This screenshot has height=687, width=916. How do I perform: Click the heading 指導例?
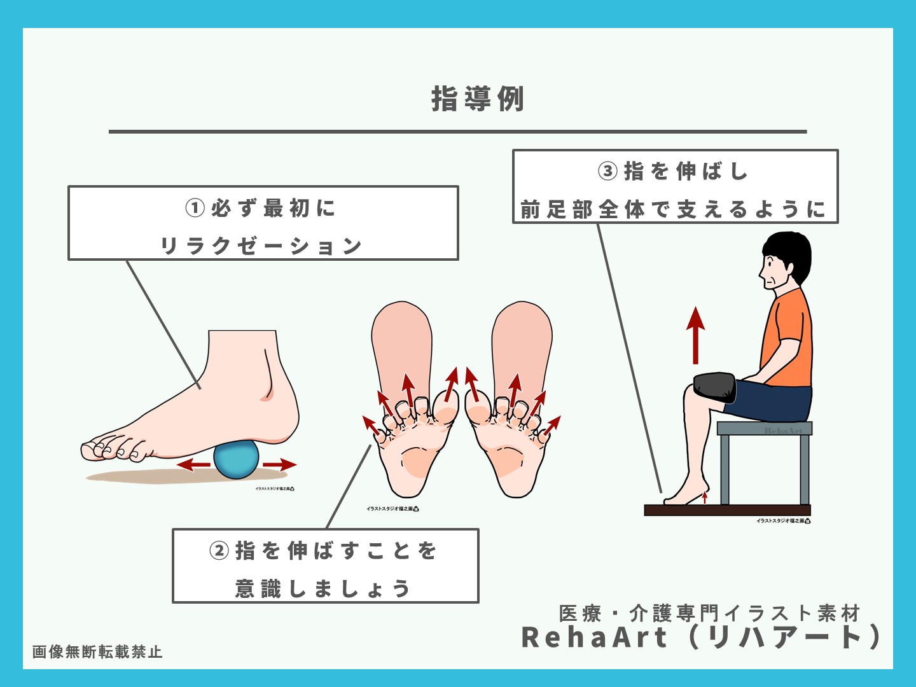coord(477,99)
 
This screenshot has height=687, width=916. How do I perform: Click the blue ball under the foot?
coord(236,459)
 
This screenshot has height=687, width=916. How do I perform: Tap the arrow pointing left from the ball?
coord(193,465)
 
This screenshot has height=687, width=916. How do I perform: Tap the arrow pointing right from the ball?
coord(280,465)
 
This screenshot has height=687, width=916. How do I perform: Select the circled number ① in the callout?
coord(195,208)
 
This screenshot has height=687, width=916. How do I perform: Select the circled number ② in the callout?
coord(219,550)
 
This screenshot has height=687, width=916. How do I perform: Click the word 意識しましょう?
coord(323,588)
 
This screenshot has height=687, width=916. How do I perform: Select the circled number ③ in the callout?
coord(607,171)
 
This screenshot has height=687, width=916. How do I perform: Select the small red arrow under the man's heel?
coord(705,496)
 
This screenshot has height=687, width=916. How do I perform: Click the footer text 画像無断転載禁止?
coord(97,652)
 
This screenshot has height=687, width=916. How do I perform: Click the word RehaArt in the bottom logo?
coord(594,637)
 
